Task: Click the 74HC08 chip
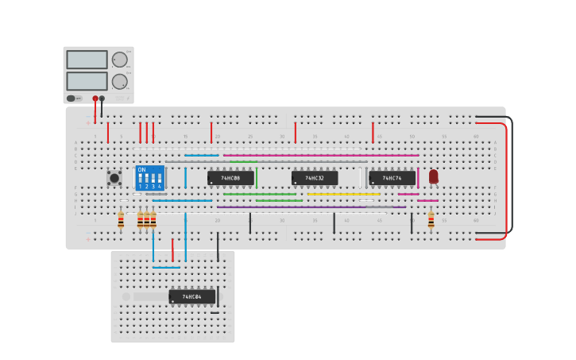[x=230, y=178]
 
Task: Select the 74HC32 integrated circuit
[x=314, y=178]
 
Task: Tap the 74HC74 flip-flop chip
[x=392, y=178]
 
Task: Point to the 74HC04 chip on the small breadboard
[x=191, y=297]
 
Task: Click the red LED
[x=433, y=176]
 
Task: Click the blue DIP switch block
[x=149, y=177]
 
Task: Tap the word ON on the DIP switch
[x=141, y=169]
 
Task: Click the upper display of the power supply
[x=87, y=60]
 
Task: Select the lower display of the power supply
[x=87, y=81]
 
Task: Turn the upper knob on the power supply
[x=120, y=60]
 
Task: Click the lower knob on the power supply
[x=120, y=81]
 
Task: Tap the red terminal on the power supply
[x=95, y=99]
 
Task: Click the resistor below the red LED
[x=431, y=219]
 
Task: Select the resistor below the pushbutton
[x=121, y=220]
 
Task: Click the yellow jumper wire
[x=343, y=194]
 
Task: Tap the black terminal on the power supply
[x=102, y=99]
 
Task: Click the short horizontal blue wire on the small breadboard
[x=166, y=267]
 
